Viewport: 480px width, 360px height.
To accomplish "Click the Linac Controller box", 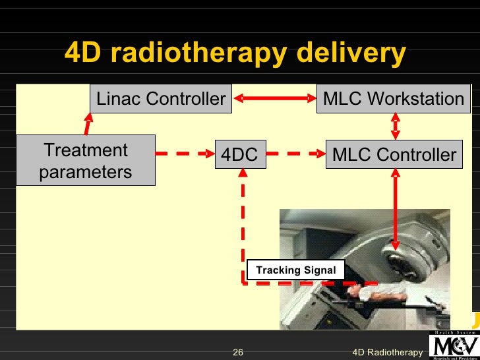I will click(161, 99).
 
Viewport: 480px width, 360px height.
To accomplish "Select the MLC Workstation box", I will click(394, 99).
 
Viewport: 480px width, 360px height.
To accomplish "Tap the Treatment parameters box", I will click(85, 161).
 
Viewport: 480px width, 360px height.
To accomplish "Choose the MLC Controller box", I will click(394, 155).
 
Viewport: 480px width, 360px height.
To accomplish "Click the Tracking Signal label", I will click(295, 270).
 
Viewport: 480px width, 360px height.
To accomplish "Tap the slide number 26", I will click(238, 353).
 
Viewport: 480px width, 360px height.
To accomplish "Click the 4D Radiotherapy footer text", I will click(387, 353).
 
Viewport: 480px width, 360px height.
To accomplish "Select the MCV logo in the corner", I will click(454, 344).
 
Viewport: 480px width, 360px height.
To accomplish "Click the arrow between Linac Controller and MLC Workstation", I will click(275, 99).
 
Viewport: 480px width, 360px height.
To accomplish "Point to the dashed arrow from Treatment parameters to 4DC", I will click(185, 155).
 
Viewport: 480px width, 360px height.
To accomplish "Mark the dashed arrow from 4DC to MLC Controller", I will click(292, 155).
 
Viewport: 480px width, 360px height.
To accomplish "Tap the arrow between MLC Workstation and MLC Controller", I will click(394, 127).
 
